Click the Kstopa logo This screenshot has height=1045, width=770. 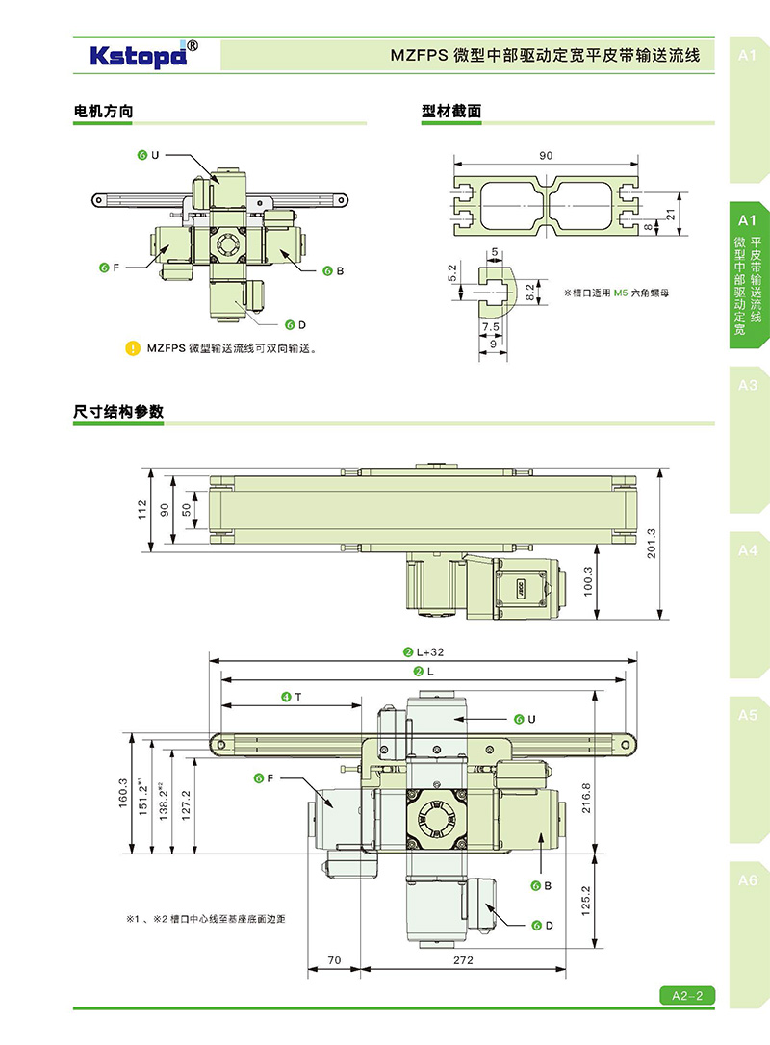(x=144, y=54)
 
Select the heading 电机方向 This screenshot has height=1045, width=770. (x=103, y=112)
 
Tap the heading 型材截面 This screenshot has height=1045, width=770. (x=451, y=112)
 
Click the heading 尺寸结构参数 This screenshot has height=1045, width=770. (x=118, y=412)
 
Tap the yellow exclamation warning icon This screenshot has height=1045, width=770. (x=133, y=348)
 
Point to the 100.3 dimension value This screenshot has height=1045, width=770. (x=589, y=581)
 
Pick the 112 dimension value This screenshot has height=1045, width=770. (x=141, y=510)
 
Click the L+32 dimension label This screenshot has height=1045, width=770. (x=429, y=651)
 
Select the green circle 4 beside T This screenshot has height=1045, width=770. (x=286, y=696)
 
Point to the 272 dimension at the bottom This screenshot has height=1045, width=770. (x=461, y=960)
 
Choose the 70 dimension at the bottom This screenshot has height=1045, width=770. (x=334, y=960)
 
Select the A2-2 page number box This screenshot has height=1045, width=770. (x=687, y=996)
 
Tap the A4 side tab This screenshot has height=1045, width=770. (x=748, y=551)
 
